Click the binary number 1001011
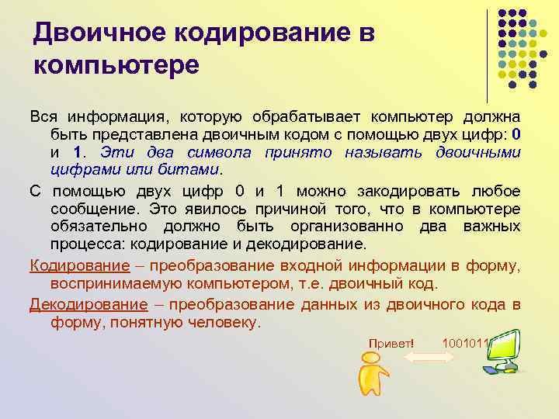click(x=465, y=342)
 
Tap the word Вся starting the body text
click(x=43, y=116)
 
